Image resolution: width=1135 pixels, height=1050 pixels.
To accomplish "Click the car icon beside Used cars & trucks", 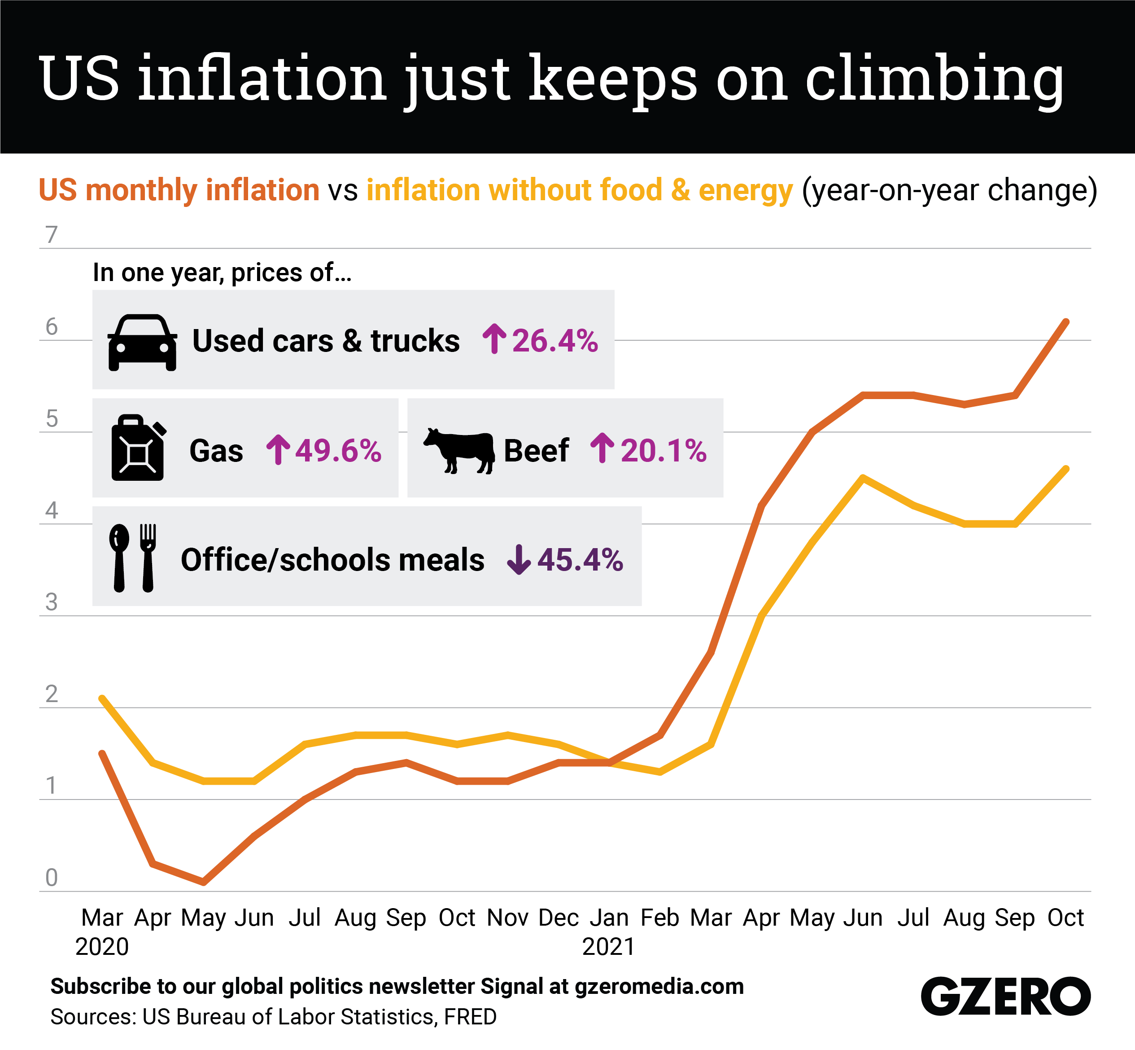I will pos(142,342).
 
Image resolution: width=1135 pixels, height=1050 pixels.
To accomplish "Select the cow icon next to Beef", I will pos(459,450).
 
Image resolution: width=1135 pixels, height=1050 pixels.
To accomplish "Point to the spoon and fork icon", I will pos(133,558).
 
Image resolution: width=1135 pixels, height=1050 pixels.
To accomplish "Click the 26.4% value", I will pos(555,341).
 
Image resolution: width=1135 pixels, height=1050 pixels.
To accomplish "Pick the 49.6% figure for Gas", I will pos(338,451).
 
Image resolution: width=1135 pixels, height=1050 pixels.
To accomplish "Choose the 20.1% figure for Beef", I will pos(663,451).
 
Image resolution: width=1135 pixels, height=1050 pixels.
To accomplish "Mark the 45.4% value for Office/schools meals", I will pos(580,560).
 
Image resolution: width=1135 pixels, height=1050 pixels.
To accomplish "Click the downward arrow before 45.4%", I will pos(519,560).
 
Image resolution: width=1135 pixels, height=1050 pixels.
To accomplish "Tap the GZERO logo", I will pos(1005,996).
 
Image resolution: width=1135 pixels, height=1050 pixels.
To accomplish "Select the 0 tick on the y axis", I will pos(52,878).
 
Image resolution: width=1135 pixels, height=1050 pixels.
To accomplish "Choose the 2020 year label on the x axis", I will pos(102,947).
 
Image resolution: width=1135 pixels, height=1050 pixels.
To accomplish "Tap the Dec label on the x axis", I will pos(559,918).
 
